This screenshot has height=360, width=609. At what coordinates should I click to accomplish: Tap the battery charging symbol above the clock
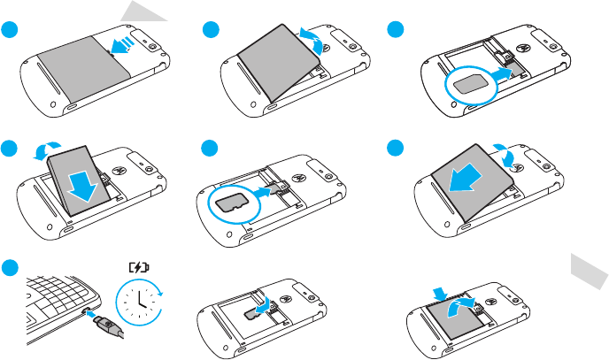[139, 264]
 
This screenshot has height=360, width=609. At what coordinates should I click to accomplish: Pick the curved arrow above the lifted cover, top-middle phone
[312, 33]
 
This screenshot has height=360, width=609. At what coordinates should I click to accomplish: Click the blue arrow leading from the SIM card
[503, 77]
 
